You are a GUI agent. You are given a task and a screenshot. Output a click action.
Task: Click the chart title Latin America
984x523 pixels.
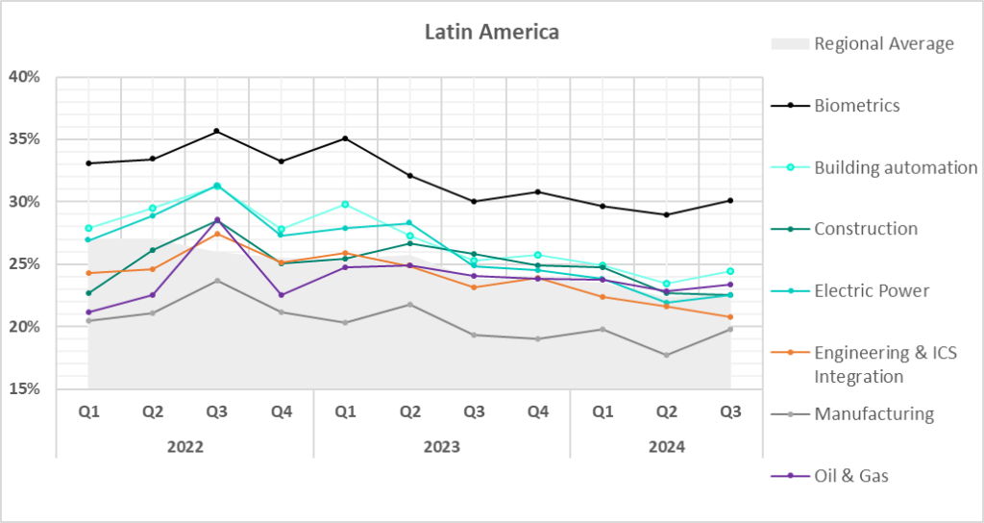[492, 33]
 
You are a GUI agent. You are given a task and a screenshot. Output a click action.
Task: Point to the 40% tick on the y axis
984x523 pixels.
[25, 77]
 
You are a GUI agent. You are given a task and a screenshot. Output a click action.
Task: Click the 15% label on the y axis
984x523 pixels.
[25, 389]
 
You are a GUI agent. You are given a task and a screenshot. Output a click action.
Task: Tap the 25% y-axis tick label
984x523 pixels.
[25, 264]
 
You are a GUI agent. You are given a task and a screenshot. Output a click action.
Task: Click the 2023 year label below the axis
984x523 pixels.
[441, 447]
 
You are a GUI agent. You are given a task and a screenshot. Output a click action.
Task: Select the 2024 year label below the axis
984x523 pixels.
[666, 447]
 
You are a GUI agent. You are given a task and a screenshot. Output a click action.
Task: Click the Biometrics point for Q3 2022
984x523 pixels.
[216, 131]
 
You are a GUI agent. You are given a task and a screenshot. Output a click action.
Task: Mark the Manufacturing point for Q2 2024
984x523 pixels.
[666, 356]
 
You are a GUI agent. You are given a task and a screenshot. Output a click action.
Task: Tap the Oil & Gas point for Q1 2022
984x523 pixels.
[88, 312]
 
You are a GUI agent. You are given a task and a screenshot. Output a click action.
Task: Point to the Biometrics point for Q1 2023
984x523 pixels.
[345, 138]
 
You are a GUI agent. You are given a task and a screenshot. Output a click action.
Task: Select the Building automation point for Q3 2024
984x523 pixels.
[730, 271]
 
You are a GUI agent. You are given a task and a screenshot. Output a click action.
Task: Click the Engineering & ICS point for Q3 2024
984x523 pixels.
[730, 317]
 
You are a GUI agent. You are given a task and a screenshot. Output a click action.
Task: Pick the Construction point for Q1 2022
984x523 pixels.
[88, 293]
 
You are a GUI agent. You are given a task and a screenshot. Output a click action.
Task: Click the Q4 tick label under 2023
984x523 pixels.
[538, 412]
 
